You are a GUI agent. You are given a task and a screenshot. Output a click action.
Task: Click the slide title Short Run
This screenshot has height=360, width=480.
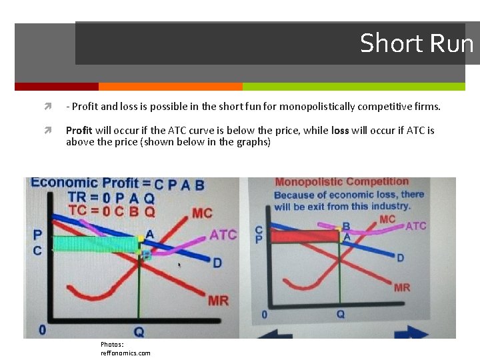click(416, 43)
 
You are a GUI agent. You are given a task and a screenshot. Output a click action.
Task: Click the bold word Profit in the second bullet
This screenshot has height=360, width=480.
click(79, 131)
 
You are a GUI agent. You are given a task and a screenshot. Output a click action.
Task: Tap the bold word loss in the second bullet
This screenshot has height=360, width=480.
click(340, 131)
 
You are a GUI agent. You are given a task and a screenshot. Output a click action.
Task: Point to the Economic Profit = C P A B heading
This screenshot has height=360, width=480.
click(117, 183)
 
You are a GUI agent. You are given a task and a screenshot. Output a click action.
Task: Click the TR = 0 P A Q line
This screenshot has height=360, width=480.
click(112, 197)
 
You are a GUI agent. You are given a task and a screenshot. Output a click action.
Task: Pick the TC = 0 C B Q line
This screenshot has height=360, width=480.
click(112, 211)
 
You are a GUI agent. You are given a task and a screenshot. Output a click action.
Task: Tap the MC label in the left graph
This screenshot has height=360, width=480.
click(201, 213)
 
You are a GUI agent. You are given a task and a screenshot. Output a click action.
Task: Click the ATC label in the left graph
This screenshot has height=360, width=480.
click(223, 235)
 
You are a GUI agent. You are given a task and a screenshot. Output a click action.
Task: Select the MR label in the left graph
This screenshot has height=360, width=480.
click(218, 301)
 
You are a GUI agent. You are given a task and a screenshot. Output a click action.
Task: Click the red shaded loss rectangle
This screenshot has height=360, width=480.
click(305, 235)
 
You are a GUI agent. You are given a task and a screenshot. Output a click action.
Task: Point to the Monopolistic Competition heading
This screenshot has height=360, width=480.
click(342, 182)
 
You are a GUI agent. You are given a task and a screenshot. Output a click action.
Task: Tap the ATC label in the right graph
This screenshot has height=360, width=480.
click(415, 226)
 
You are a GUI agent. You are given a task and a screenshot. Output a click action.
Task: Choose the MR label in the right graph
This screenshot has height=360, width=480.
click(402, 287)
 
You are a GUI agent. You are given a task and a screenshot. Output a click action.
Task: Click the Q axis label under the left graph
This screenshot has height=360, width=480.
click(139, 331)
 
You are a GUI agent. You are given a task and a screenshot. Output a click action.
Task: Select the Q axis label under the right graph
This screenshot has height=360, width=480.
click(340, 314)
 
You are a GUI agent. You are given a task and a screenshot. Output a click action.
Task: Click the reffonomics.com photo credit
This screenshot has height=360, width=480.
click(125, 353)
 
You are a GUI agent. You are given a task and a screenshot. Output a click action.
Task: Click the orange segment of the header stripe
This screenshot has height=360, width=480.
click(170, 87)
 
